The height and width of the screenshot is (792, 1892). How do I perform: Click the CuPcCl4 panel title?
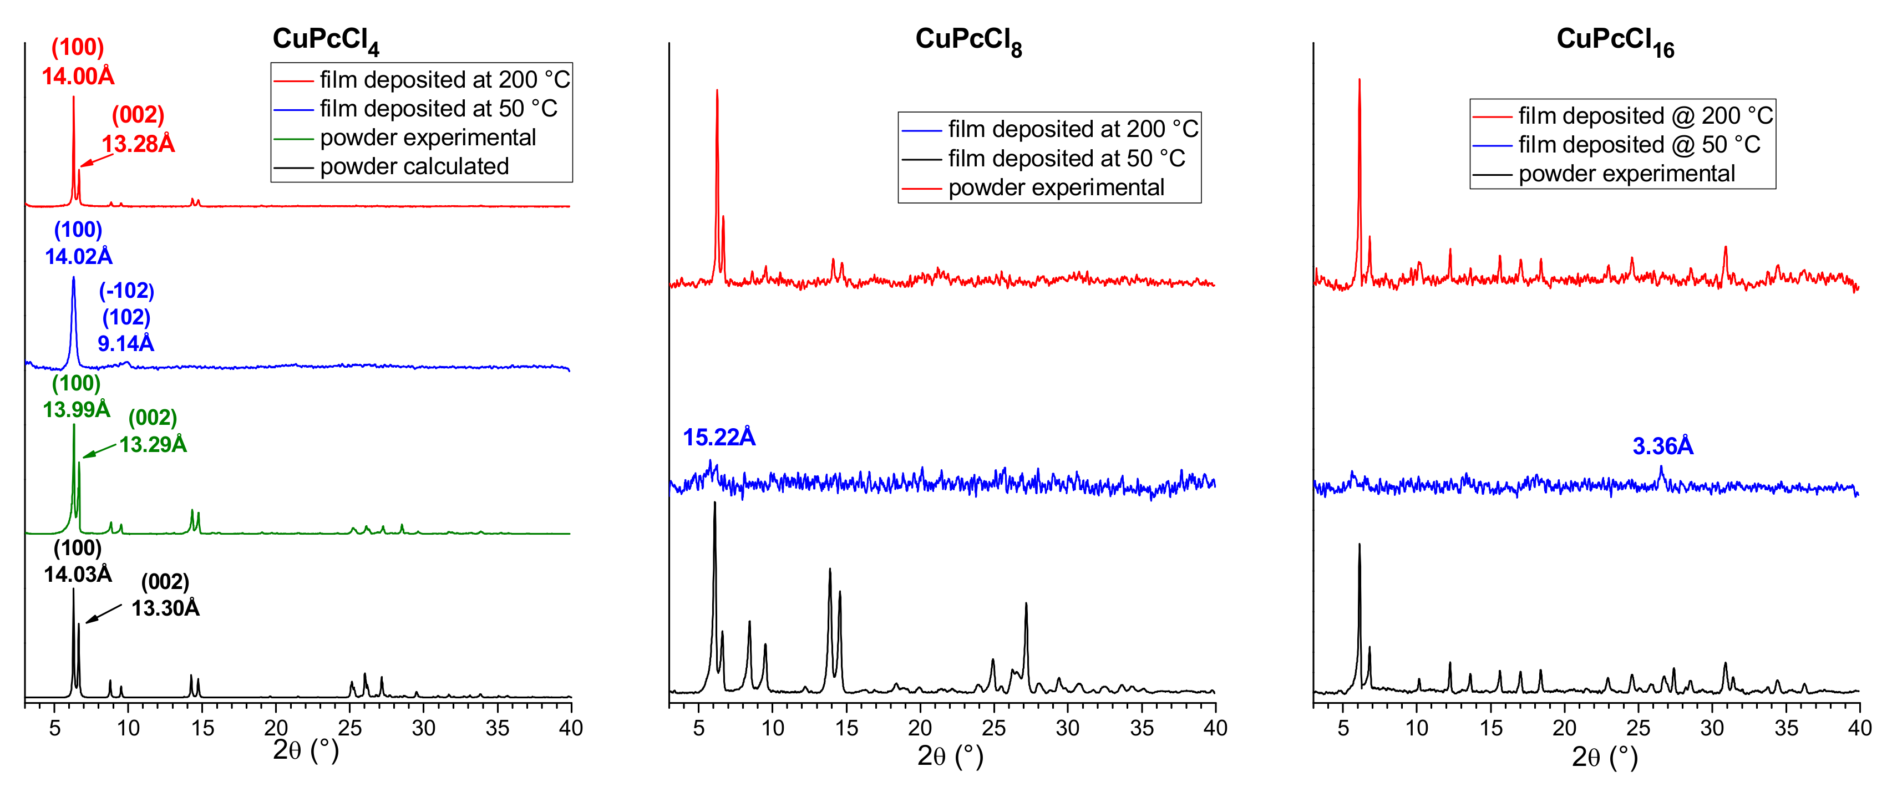tap(326, 40)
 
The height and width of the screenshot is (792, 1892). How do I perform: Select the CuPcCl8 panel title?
tap(968, 40)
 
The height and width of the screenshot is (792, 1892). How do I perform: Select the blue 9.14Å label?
tap(125, 343)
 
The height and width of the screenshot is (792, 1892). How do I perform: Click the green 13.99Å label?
tap(77, 409)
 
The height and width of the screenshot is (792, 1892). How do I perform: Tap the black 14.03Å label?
tap(78, 574)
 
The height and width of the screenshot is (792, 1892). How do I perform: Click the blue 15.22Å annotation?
tap(719, 437)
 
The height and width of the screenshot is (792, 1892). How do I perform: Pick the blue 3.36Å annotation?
tap(1662, 446)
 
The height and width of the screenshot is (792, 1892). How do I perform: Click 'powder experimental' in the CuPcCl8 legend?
tap(1056, 188)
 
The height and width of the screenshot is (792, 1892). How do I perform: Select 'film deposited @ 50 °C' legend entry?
tap(1639, 145)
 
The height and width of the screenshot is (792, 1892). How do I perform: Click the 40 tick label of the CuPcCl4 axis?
tap(571, 728)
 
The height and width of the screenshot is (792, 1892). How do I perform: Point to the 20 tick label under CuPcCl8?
tap(920, 728)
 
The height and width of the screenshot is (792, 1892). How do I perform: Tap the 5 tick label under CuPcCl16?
tap(1343, 728)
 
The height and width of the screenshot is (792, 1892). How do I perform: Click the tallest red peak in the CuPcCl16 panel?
tap(1359, 81)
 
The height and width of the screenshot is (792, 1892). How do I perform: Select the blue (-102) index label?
tap(126, 291)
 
